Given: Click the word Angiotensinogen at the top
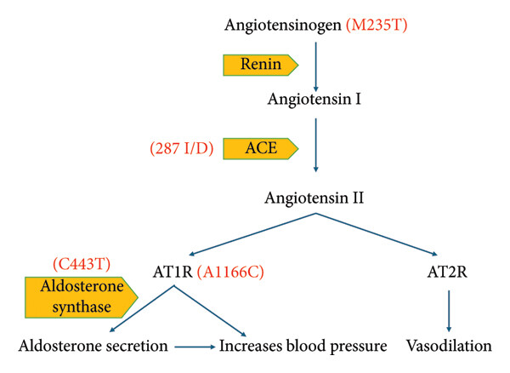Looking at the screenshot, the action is pyautogui.click(x=283, y=26).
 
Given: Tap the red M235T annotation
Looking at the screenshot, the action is pyautogui.click(x=377, y=25).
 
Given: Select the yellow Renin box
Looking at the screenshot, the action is pyautogui.click(x=261, y=66).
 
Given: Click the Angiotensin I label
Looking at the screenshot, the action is pyautogui.click(x=314, y=99).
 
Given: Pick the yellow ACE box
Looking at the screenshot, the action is pyautogui.click(x=261, y=148).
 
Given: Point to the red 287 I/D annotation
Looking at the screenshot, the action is pyautogui.click(x=182, y=148).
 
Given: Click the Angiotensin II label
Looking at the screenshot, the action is pyautogui.click(x=314, y=198).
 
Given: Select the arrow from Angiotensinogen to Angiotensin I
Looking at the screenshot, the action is pyautogui.click(x=315, y=66).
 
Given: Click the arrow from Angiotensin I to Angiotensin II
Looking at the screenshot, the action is pyautogui.click(x=315, y=145).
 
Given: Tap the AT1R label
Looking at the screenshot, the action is pyautogui.click(x=173, y=272).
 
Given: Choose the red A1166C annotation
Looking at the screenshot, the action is pyautogui.click(x=230, y=272).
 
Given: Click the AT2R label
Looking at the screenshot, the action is pyautogui.click(x=447, y=272).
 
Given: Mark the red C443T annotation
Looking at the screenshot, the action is pyautogui.click(x=82, y=263).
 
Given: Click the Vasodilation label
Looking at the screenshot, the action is pyautogui.click(x=449, y=346).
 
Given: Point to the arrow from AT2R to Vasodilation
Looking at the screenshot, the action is pyautogui.click(x=449, y=311).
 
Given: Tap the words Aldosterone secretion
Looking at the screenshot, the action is pyautogui.click(x=93, y=346).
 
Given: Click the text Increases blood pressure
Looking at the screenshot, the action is pyautogui.click(x=303, y=347).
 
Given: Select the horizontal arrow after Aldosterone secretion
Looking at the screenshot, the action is pyautogui.click(x=195, y=347).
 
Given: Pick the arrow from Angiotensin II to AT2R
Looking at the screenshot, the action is pyautogui.click(x=377, y=234).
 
